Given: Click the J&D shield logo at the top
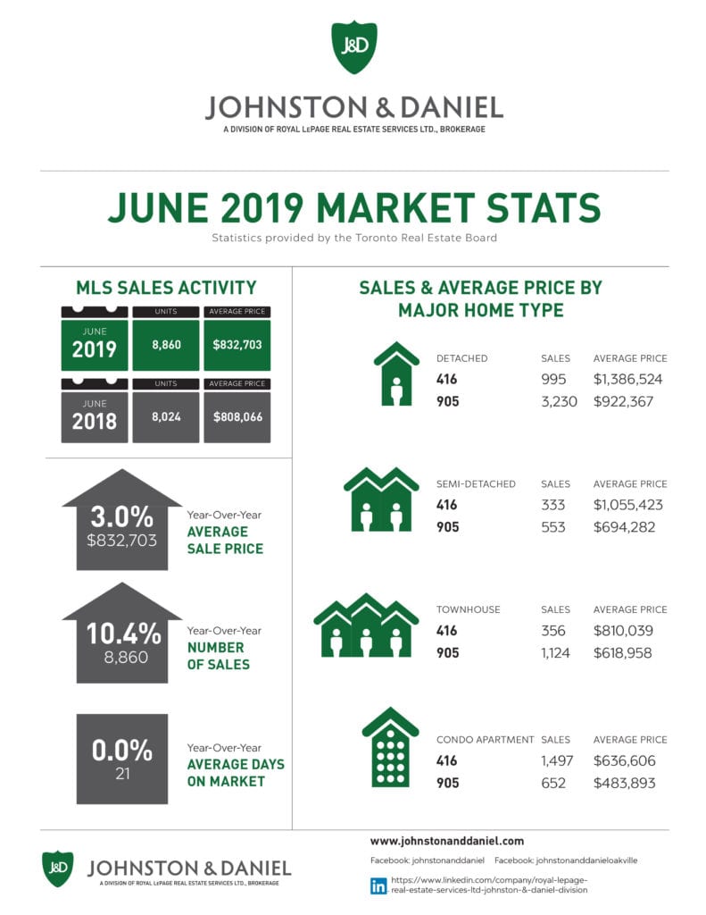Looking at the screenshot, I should (353, 47).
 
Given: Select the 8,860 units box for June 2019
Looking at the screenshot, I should (165, 344).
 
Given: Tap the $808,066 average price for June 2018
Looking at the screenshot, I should (237, 416).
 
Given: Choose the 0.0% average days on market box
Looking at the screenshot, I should (122, 759).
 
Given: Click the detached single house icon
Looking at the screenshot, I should (396, 374).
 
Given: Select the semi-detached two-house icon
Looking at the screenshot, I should (381, 499).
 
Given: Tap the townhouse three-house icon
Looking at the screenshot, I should (366, 625).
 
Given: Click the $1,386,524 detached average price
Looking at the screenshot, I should (628, 380).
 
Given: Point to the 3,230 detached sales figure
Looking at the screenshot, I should (560, 402).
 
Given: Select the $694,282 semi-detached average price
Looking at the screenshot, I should (624, 527).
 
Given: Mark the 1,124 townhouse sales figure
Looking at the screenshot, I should (559, 653).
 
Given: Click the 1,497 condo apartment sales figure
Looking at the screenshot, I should (558, 761).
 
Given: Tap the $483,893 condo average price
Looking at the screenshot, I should (624, 784).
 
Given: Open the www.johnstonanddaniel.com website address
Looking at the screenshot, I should (446, 841).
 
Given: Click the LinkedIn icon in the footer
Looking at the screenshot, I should (378, 886).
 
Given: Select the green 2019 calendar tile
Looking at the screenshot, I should (94, 344).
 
